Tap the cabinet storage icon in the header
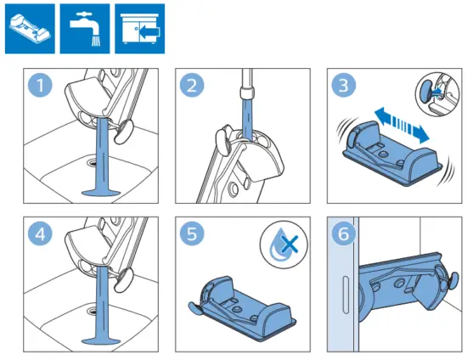pyautogui.click(x=138, y=26)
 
